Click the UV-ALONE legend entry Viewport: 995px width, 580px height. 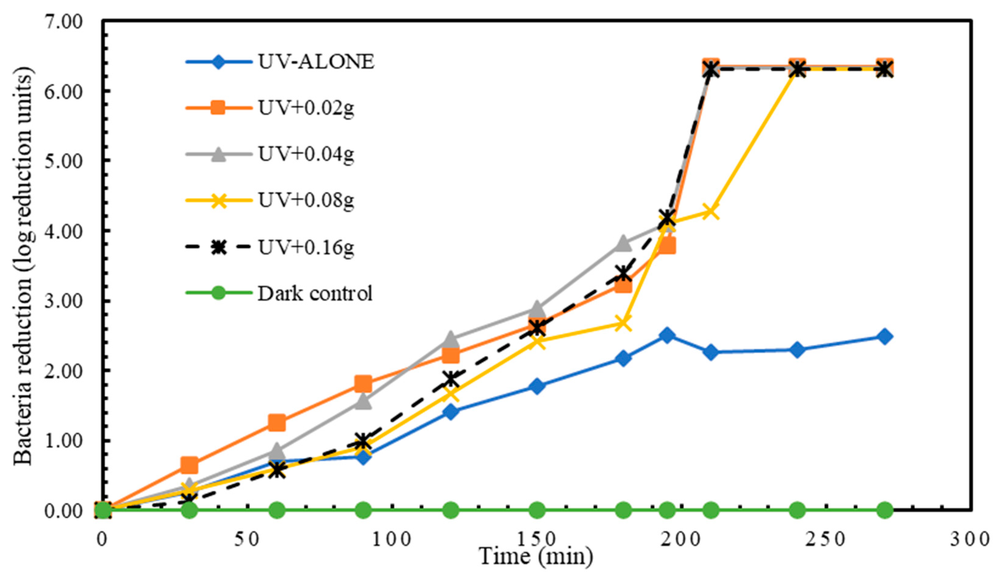(316, 62)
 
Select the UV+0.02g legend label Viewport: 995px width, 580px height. (306, 108)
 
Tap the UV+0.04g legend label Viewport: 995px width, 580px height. (306, 154)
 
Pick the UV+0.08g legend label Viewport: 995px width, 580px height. (306, 200)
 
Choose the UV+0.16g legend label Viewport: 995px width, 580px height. (306, 247)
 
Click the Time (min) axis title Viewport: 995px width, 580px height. (536, 556)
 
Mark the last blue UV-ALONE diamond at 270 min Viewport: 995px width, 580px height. (885, 336)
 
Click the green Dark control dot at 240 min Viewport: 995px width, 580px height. (797, 510)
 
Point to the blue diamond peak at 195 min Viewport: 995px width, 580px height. (667, 335)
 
